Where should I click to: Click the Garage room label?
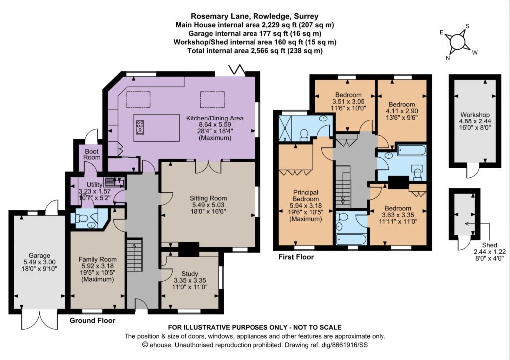pyautogui.click(x=39, y=256)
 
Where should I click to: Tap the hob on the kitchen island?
pyautogui.click(x=140, y=127)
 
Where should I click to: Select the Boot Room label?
pyautogui.click(x=92, y=154)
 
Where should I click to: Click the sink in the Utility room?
pyautogui.click(x=114, y=181)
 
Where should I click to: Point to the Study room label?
pyautogui.click(x=190, y=274)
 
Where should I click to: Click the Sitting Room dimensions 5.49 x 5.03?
pyautogui.click(x=208, y=205)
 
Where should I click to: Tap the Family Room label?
pyautogui.click(x=97, y=259)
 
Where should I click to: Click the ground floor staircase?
pyautogui.click(x=134, y=255)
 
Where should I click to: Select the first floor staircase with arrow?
pyautogui.click(x=343, y=186)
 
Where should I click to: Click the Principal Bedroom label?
pyautogui.click(x=306, y=196)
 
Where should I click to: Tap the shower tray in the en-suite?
pyautogui.click(x=285, y=128)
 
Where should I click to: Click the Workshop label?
pyautogui.click(x=475, y=115)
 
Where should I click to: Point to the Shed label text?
pyautogui.click(x=490, y=245)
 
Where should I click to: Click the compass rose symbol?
pyautogui.click(x=457, y=42)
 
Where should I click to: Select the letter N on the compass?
pyautogui.click(x=448, y=58)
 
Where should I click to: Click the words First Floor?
pyautogui.click(x=296, y=257)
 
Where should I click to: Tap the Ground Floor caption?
pyautogui.click(x=92, y=320)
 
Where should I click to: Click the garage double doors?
pyautogui.click(x=40, y=320)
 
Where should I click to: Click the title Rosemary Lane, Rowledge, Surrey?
pyautogui.click(x=255, y=16)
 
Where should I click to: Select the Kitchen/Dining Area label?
pyautogui.click(x=215, y=118)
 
